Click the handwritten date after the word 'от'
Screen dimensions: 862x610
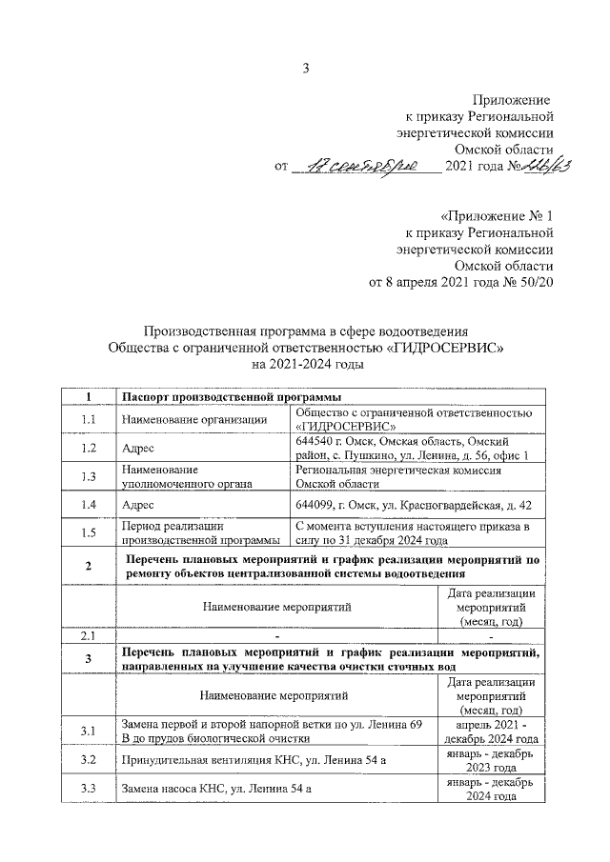pos(365,168)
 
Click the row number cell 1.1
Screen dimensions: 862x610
pos(88,420)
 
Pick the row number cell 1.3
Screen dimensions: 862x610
pos(88,476)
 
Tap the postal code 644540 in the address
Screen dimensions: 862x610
pos(317,442)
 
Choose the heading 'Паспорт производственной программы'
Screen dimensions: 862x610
pos(229,396)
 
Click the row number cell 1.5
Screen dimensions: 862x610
pos(88,532)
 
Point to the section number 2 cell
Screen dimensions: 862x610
pos(88,568)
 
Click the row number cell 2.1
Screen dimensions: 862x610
pos(88,635)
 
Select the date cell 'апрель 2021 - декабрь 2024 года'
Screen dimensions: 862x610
pos(490,732)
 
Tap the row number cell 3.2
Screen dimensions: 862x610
pos(88,760)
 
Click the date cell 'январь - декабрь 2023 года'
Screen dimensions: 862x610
pos(490,760)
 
